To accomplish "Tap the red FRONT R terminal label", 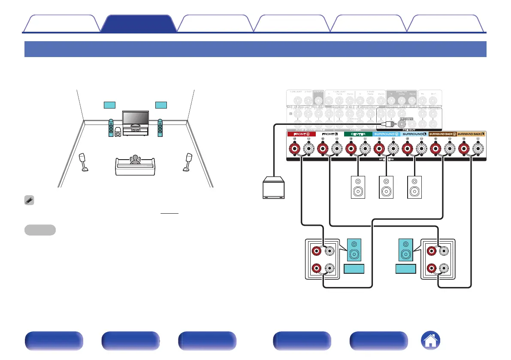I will tap(301, 134).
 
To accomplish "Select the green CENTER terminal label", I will tap(358, 134).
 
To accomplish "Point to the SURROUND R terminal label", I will tap(386, 134).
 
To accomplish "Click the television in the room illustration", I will tap(136, 118).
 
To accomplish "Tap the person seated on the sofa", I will tap(135, 160).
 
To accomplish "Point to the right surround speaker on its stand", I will tap(188, 162).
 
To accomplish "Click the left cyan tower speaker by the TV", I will tap(111, 127).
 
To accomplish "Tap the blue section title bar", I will tap(255, 49).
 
